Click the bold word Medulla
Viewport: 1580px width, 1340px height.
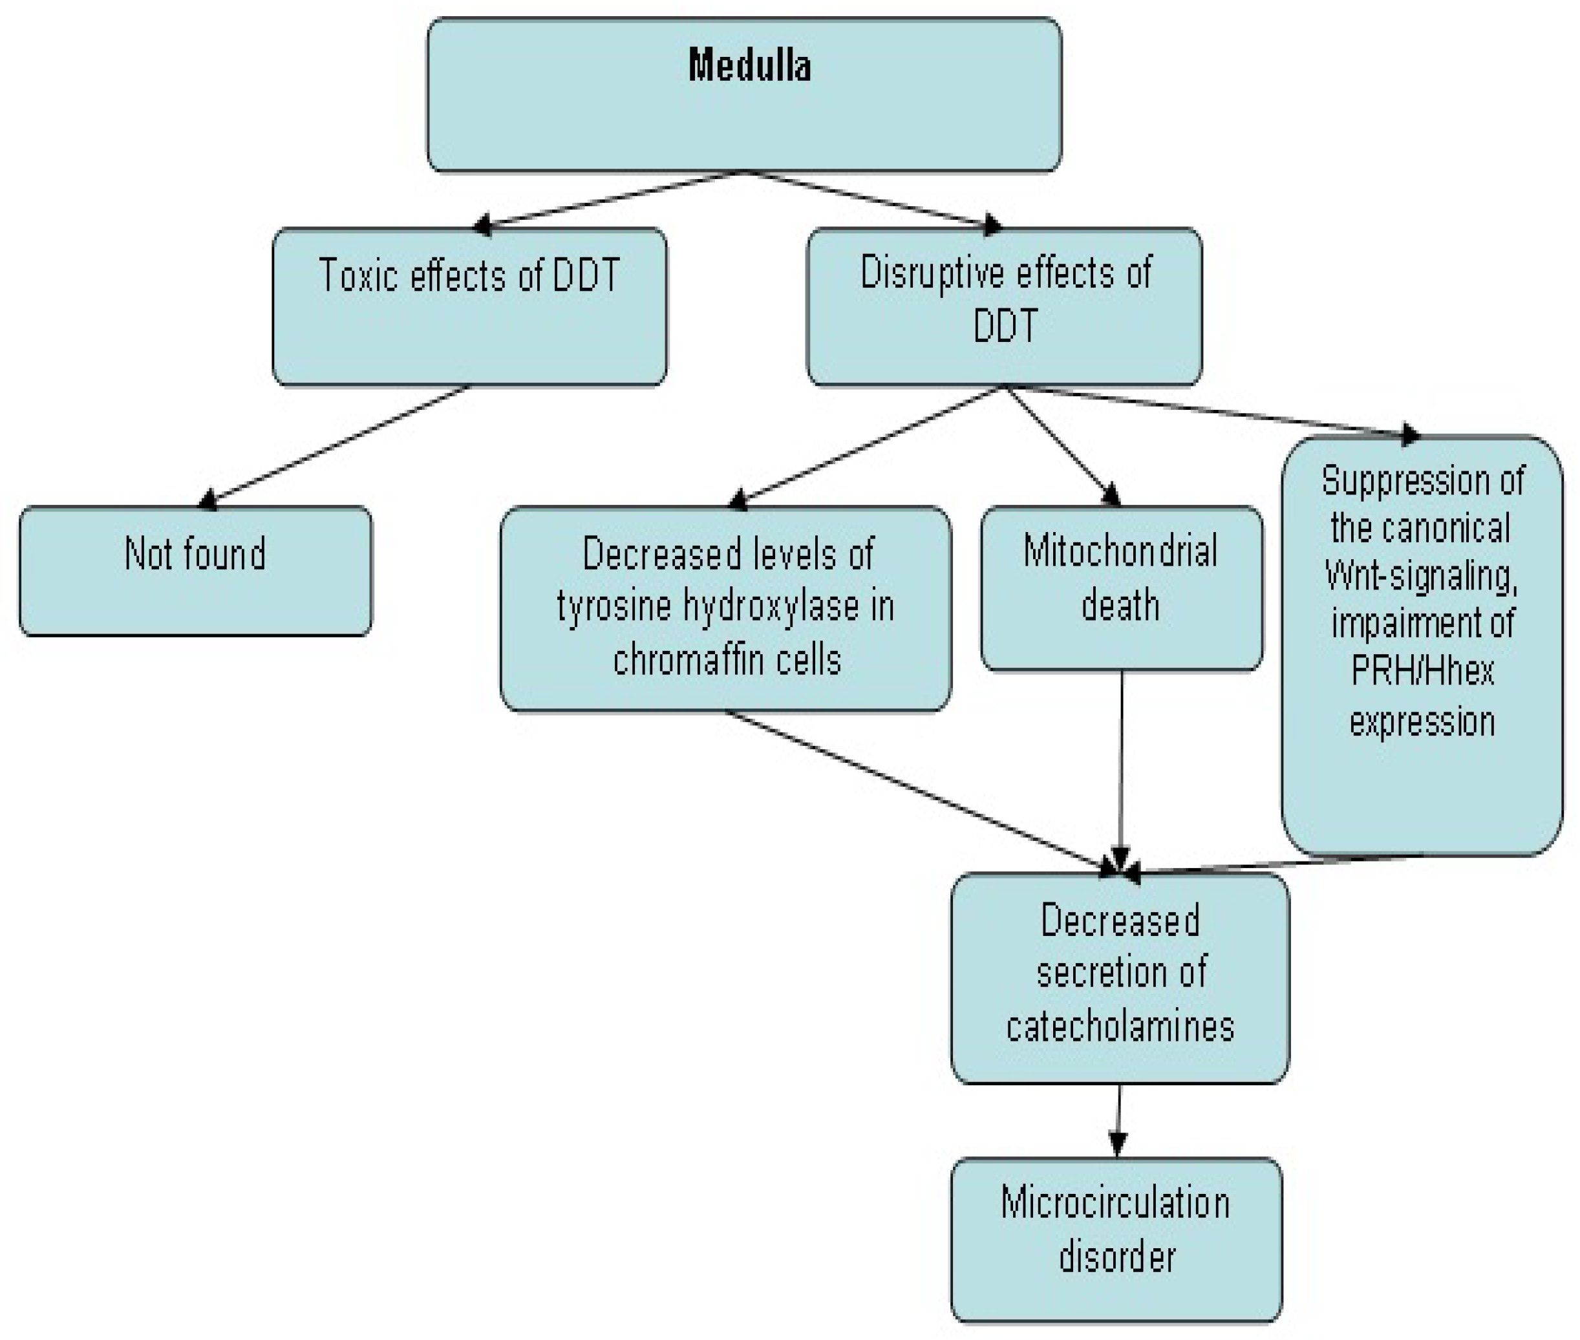[749, 65]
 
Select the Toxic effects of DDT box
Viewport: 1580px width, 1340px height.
[469, 306]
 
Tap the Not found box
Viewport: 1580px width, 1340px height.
[195, 569]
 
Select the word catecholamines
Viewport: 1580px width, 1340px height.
[1120, 1025]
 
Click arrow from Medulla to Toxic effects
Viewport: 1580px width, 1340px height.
[608, 199]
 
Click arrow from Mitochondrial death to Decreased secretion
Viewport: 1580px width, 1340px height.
[1121, 767]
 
